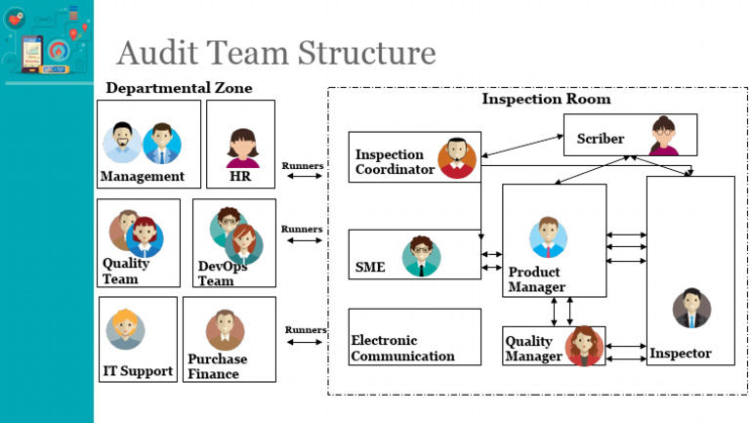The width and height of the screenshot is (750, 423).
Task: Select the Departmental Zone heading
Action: click(179, 88)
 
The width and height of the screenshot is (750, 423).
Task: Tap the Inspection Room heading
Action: click(546, 99)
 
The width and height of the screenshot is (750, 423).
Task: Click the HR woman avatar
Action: click(242, 148)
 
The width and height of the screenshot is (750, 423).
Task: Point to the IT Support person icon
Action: click(126, 329)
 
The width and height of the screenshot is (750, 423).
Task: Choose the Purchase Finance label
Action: click(217, 364)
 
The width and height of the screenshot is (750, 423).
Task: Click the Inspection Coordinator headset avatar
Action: click(456, 157)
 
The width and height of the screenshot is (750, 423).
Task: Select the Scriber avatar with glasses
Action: click(664, 136)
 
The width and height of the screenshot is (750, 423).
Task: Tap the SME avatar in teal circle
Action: click(421, 256)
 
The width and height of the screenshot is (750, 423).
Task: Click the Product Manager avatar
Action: click(548, 237)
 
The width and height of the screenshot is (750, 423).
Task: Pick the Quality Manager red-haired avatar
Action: click(584, 345)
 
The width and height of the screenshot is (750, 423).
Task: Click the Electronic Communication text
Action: click(402, 349)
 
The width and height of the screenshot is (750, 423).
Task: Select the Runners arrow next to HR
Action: click(302, 177)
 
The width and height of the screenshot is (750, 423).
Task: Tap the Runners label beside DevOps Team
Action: click(302, 229)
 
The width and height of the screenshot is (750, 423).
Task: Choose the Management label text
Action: click(142, 177)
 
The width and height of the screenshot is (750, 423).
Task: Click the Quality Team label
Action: click(126, 271)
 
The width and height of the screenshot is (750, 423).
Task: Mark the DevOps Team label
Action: click(223, 273)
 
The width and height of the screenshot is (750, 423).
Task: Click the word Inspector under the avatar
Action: click(681, 353)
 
